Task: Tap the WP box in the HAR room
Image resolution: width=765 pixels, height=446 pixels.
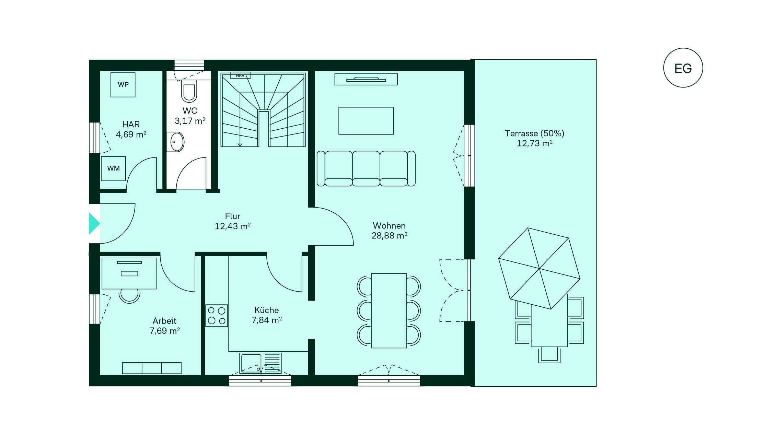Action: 123,85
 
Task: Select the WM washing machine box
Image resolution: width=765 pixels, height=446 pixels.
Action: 113,168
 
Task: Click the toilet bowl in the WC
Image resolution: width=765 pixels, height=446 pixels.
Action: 189,92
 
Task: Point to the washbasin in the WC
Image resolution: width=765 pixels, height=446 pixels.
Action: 177,142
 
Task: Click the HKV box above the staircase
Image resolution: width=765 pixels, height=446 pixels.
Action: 240,75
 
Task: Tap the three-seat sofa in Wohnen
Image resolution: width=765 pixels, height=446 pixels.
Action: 366,168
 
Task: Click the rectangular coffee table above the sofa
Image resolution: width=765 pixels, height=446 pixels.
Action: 366,121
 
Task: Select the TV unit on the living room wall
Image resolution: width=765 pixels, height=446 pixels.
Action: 366,79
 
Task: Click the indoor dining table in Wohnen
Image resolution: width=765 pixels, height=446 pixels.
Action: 389,310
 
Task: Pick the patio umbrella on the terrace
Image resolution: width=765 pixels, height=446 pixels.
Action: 539,268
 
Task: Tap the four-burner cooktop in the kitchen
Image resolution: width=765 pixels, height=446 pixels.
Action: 217,316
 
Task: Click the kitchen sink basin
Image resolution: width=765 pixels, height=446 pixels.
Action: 251,363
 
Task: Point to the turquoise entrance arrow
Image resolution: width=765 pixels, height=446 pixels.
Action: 94,223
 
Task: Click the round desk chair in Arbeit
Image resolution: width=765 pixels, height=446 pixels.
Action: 129,296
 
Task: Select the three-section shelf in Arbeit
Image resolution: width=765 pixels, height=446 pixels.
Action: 152,368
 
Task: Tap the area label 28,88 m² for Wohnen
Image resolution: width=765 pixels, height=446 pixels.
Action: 389,236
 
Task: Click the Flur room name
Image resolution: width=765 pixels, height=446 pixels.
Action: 232,216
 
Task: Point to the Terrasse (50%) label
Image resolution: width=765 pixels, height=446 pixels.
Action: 534,133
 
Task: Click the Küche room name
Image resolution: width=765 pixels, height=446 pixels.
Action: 267,310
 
